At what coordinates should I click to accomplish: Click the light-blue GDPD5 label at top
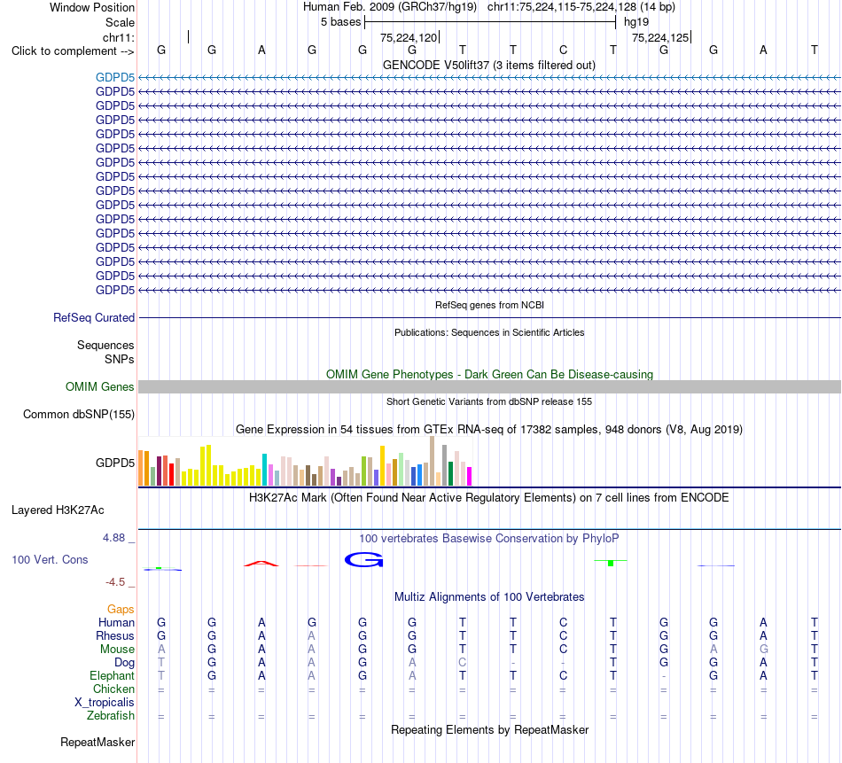point(115,77)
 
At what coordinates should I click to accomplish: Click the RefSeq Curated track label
point(94,317)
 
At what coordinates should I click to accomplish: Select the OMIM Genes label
point(100,386)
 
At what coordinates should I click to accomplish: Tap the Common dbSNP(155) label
point(79,414)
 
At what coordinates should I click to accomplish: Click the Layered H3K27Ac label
point(58,510)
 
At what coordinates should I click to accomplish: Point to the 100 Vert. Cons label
point(50,559)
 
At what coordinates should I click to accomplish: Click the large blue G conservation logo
point(363,559)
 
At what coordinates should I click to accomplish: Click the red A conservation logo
point(261,564)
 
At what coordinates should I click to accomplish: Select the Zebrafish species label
point(111,716)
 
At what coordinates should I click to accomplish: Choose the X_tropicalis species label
point(105,703)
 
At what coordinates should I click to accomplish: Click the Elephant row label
point(113,675)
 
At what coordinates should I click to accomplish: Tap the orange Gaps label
point(121,609)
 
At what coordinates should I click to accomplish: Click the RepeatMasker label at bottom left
point(97,742)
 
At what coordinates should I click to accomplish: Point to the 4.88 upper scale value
point(113,538)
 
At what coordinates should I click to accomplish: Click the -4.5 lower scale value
point(115,582)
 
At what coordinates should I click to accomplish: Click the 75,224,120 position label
point(409,37)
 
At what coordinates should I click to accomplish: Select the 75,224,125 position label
point(660,37)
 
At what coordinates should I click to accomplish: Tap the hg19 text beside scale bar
point(636,22)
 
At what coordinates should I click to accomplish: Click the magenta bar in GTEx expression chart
point(469,476)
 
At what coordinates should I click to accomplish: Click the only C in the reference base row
point(564,50)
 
